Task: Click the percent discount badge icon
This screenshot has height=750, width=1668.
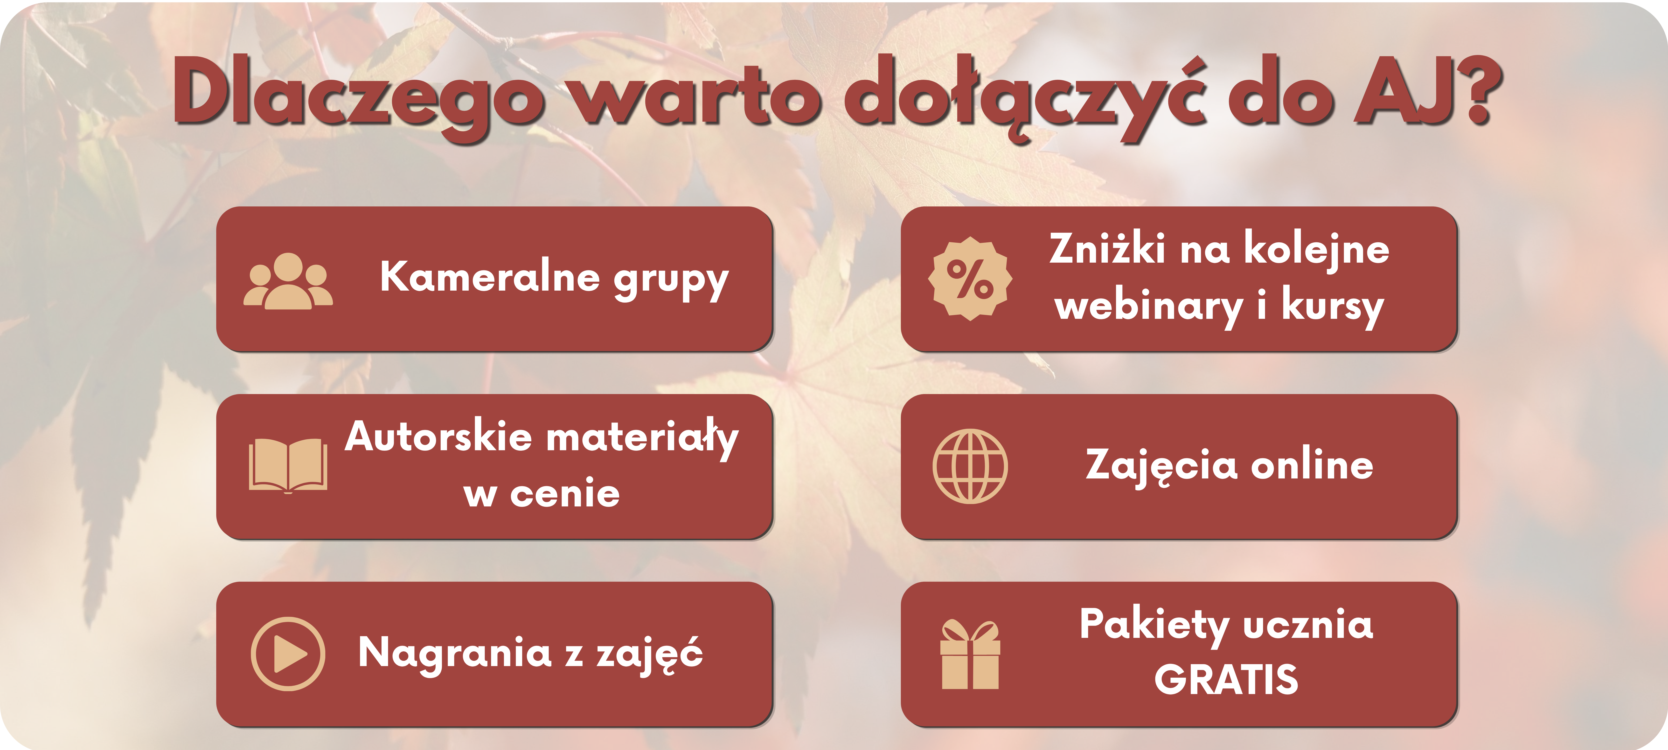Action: click(x=970, y=278)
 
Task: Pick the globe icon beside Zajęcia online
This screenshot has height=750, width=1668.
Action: click(x=970, y=466)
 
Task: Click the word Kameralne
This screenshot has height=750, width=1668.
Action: click(x=490, y=277)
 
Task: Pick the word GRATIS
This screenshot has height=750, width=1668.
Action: click(x=1226, y=680)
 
